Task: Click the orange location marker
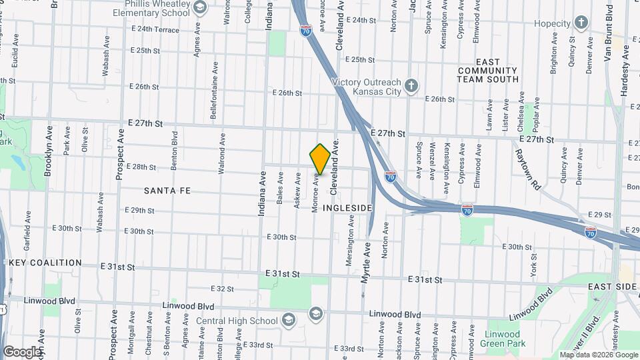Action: tap(320, 159)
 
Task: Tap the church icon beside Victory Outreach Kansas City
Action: tap(412, 85)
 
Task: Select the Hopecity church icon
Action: tap(581, 23)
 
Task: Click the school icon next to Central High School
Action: tap(288, 321)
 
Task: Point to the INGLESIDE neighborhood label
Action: tap(347, 208)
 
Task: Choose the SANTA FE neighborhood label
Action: tap(167, 191)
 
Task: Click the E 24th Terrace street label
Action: tap(155, 29)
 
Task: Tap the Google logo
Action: tap(22, 351)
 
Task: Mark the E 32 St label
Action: tap(221, 289)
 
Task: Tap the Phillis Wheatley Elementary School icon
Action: tap(199, 9)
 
